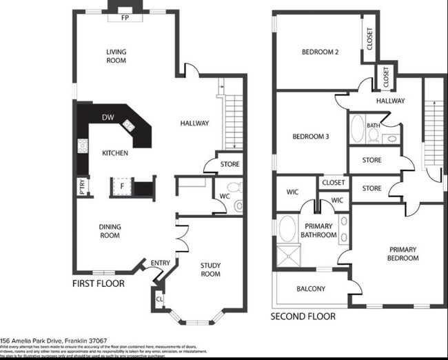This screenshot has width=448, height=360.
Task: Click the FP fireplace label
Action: click(x=125, y=17)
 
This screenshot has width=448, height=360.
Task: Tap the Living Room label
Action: click(x=116, y=56)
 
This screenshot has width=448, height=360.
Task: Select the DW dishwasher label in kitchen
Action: click(x=108, y=118)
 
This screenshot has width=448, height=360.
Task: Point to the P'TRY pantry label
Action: click(x=81, y=186)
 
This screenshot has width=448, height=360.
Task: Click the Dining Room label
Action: click(x=109, y=231)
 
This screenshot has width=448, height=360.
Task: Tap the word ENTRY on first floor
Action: click(x=160, y=263)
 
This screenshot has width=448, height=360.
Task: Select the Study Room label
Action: click(x=210, y=269)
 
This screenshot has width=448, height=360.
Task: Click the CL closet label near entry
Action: click(x=159, y=300)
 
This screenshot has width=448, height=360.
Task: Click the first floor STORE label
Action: click(x=230, y=165)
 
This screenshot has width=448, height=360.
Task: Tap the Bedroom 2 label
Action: click(x=320, y=52)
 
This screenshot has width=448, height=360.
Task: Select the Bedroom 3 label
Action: click(x=310, y=137)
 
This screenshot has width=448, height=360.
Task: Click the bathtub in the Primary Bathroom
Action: click(x=287, y=228)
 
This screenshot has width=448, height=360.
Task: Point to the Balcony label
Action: click(x=311, y=289)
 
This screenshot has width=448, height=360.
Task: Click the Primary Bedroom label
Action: click(x=403, y=254)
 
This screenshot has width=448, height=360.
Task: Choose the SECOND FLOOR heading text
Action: click(x=303, y=317)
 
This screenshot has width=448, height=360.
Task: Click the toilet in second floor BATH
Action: click(x=373, y=136)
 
